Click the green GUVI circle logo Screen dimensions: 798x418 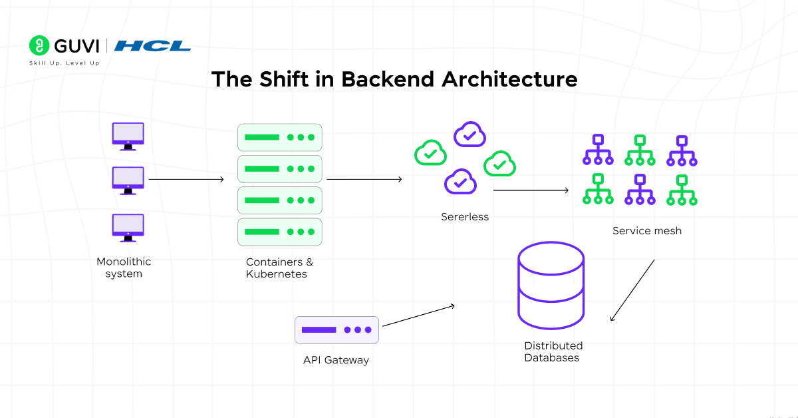click(39, 45)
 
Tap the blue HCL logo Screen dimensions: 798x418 click(152, 46)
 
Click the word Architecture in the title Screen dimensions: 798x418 click(509, 79)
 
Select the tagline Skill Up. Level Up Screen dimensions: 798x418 click(64, 63)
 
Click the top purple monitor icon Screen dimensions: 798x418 click(128, 136)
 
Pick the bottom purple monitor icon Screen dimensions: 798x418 click(128, 228)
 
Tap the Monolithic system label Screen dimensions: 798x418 click(124, 268)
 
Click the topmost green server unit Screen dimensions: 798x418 click(280, 137)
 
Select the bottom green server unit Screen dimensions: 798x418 click(280, 232)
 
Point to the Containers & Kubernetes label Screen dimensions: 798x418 click(279, 268)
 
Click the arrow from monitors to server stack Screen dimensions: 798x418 click(186, 179)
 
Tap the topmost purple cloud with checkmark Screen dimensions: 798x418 click(469, 134)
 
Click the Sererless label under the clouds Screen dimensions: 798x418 click(465, 217)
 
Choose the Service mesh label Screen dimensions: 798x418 click(647, 231)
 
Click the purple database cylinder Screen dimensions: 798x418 click(551, 286)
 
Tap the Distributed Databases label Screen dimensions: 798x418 click(553, 351)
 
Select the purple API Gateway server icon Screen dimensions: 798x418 click(336, 330)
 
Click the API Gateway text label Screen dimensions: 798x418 click(336, 360)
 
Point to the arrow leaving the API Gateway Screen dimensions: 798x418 click(418, 315)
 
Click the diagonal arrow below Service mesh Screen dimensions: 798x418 click(632, 290)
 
